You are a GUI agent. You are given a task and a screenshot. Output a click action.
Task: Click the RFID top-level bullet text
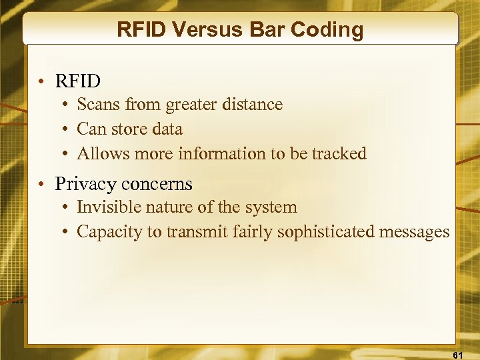pyautogui.click(x=78, y=81)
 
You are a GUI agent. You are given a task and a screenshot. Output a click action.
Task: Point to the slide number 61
pyautogui.click(x=458, y=355)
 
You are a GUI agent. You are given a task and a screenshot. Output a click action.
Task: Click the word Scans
pyautogui.click(x=97, y=105)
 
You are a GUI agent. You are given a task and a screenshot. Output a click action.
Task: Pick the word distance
pyautogui.click(x=253, y=105)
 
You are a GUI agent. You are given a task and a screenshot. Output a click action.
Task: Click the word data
pyautogui.click(x=167, y=129)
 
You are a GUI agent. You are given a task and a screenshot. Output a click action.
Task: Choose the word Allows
pyautogui.click(x=100, y=153)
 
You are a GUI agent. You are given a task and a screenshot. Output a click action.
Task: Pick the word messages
pyautogui.click(x=418, y=232)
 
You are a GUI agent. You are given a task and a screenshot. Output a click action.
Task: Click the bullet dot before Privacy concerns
pyautogui.click(x=42, y=184)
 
